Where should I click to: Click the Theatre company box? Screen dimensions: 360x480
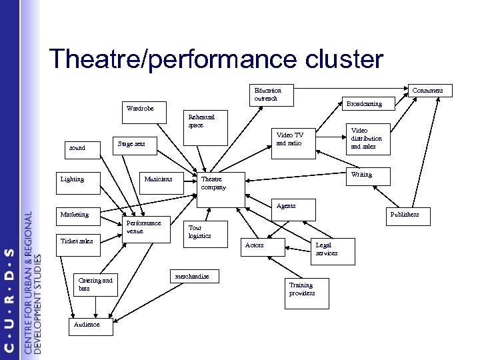tap(221, 183)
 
